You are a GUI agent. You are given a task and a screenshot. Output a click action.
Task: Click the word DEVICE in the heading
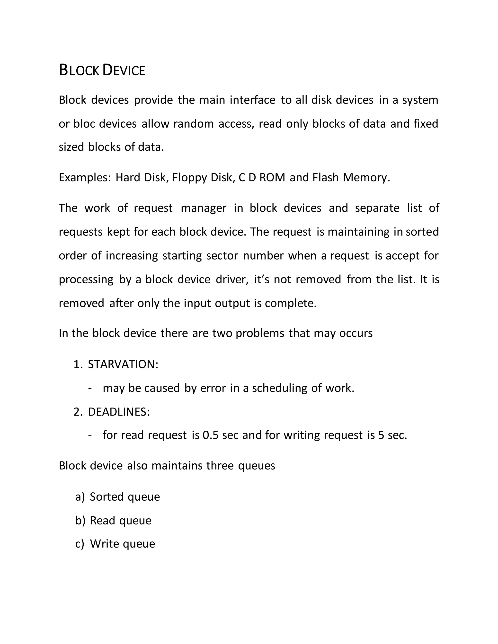click(123, 71)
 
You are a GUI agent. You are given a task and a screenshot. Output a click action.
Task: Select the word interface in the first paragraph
click(252, 100)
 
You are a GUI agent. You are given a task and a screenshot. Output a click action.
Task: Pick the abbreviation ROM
click(272, 177)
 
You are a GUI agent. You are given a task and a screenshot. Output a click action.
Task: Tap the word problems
click(260, 333)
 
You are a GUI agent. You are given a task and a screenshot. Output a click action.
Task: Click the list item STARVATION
click(123, 365)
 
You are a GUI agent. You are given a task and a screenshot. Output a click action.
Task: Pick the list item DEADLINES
click(119, 412)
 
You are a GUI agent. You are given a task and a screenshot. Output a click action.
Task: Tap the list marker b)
click(80, 521)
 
